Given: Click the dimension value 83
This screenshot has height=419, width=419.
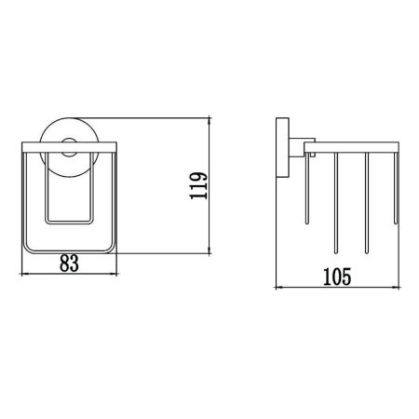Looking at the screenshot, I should [x=69, y=264].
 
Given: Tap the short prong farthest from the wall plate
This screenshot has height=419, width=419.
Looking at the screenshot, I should [x=397, y=186].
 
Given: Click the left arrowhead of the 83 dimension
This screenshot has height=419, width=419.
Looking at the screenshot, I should [x=24, y=275].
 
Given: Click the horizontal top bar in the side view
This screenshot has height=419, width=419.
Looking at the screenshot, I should [x=358, y=146].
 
